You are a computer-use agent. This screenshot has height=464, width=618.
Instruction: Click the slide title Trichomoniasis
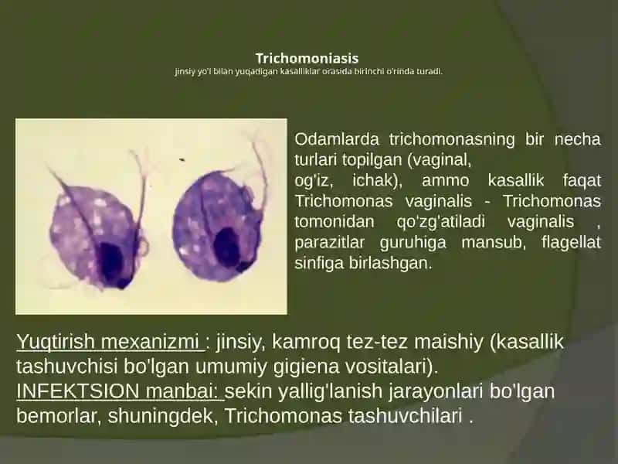307,59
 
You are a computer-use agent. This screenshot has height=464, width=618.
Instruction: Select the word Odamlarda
337,139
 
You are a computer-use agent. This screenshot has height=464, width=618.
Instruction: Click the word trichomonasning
452,139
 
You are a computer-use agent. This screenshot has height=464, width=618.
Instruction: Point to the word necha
577,139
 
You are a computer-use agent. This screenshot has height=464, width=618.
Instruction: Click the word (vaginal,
440,160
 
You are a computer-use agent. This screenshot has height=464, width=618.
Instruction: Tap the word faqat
582,181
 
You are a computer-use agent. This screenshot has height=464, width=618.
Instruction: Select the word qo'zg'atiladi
440,222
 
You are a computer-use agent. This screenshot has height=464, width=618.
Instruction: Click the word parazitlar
330,243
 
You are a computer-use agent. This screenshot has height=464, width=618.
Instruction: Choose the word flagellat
571,242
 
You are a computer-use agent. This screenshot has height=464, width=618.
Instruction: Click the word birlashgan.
391,263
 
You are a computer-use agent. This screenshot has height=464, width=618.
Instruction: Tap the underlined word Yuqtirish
56,342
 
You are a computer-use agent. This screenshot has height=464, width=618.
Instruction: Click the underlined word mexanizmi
150,342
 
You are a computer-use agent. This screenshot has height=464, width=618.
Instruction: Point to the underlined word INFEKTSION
78,391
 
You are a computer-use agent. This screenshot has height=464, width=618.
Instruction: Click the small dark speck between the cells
182,160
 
